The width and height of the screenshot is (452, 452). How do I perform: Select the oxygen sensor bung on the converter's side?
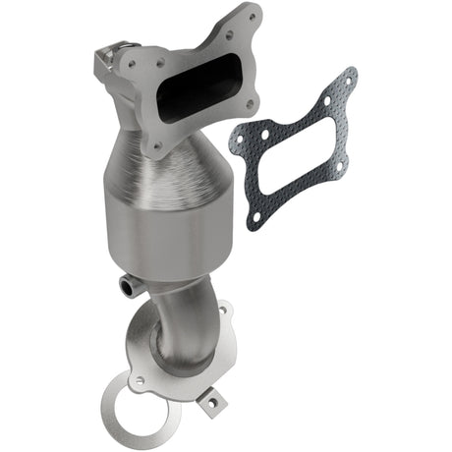pyautogui.click(x=127, y=285)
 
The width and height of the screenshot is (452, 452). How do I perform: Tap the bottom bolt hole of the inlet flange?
pyautogui.click(x=155, y=147)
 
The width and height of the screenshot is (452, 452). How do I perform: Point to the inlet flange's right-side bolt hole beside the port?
pyautogui.click(x=248, y=103)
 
